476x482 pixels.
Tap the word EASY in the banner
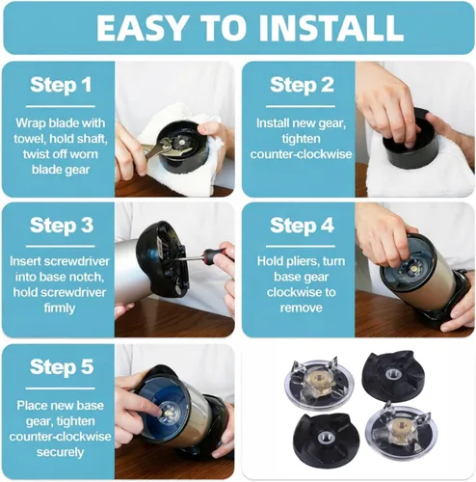[x=142, y=27]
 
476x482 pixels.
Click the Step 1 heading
[x=61, y=86]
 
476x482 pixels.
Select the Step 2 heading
[x=302, y=86]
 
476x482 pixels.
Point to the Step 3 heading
[x=62, y=226]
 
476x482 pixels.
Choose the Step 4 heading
[x=302, y=226]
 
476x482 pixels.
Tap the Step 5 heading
[x=62, y=367]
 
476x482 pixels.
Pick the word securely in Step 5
[x=60, y=452]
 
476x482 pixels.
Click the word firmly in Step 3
[x=60, y=308]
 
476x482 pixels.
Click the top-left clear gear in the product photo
[x=318, y=383]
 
